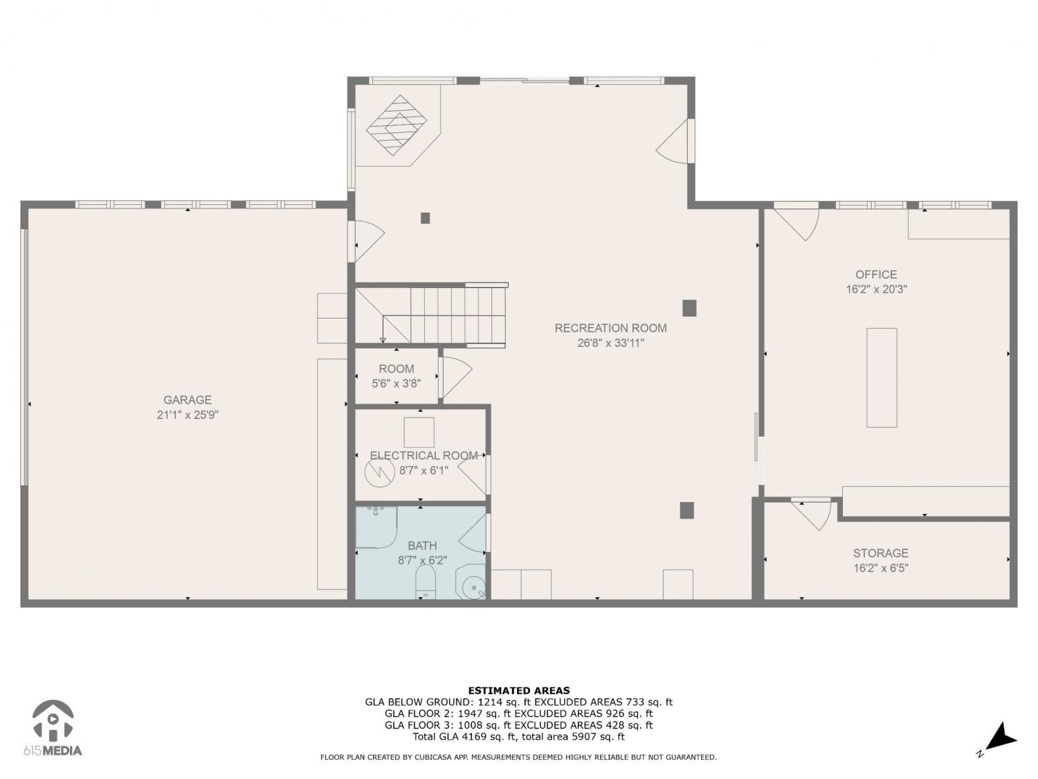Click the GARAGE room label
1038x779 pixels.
point(188,400)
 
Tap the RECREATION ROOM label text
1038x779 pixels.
point(610,328)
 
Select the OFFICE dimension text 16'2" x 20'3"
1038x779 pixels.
point(876,289)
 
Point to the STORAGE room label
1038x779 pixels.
point(880,553)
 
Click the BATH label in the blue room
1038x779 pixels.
point(422,546)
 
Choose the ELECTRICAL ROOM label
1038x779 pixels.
point(424,456)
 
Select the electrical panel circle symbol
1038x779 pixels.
point(380,472)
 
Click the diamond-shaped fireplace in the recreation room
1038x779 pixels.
point(397,125)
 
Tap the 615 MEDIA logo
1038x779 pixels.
point(53,728)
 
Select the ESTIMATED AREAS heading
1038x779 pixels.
point(519,690)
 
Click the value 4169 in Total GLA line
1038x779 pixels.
point(466,737)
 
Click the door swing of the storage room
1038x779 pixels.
point(812,514)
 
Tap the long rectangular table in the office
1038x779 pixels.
point(882,378)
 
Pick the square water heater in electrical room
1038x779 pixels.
point(419,432)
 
